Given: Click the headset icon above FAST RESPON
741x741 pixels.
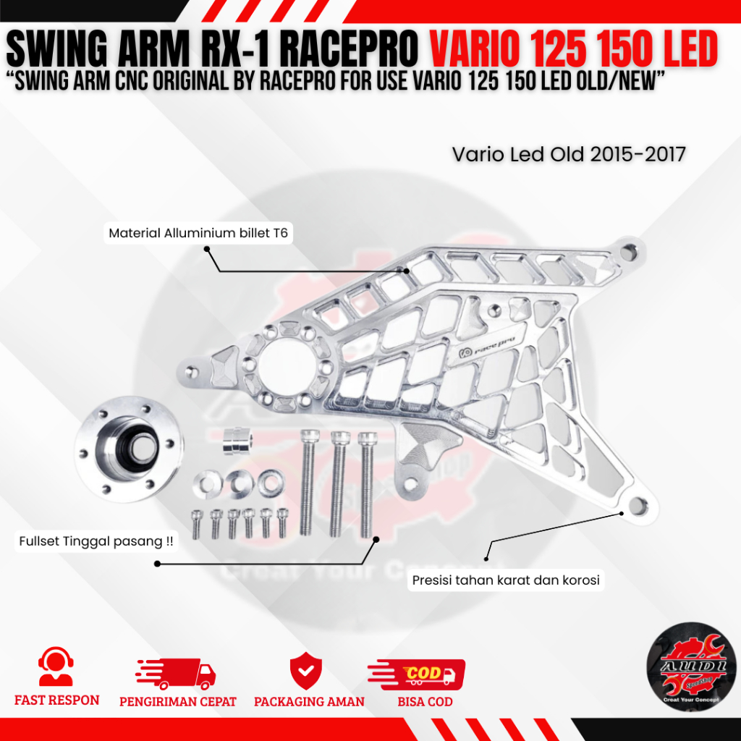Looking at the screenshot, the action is pyautogui.click(x=56, y=666).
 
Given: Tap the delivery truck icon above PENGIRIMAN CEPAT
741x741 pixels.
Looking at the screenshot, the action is pyautogui.click(x=176, y=673).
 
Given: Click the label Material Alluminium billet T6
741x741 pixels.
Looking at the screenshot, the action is pyautogui.click(x=198, y=234).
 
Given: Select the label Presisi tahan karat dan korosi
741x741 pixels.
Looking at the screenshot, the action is pyautogui.click(x=506, y=580).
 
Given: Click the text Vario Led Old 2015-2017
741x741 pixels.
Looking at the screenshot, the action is pyautogui.click(x=569, y=154).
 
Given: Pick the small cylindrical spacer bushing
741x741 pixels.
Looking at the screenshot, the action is pyautogui.click(x=236, y=441).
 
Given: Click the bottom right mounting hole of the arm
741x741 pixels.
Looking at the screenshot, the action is pyautogui.click(x=638, y=505).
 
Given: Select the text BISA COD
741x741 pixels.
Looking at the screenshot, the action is pyautogui.click(x=425, y=701).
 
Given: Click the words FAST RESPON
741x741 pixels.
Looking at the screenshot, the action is pyautogui.click(x=56, y=700).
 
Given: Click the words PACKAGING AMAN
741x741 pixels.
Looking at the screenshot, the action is pyautogui.click(x=309, y=701).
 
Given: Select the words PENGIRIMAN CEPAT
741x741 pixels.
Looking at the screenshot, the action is pyautogui.click(x=177, y=701).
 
